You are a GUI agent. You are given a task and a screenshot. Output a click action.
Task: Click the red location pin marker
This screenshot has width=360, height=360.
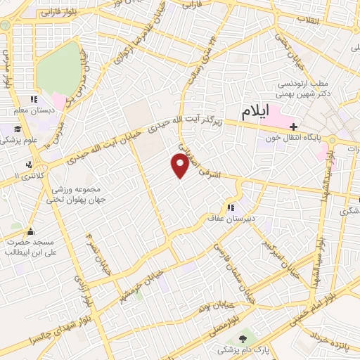tap(181, 165)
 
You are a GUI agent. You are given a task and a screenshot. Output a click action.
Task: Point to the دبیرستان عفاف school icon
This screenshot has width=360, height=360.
tap(230, 208)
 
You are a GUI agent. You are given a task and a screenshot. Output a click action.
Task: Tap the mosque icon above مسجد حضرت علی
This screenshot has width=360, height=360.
tap(30, 231)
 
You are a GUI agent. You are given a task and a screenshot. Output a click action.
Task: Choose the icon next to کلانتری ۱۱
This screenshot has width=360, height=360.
tap(28, 165)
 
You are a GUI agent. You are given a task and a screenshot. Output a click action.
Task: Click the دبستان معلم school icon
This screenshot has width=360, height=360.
tap(33, 100)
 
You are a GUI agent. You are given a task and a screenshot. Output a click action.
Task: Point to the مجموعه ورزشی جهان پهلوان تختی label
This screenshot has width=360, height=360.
tap(76, 194)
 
